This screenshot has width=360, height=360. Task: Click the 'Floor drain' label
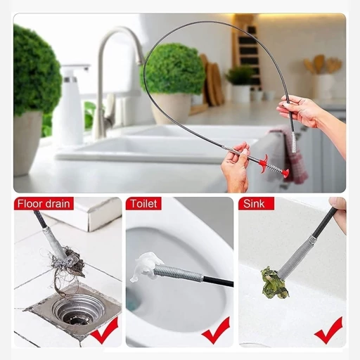[44, 204]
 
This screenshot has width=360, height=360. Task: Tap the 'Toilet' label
[143, 204]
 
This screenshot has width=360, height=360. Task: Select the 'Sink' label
[254, 204]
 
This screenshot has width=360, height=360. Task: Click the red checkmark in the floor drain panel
[105, 330]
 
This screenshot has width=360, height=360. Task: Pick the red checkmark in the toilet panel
[216, 330]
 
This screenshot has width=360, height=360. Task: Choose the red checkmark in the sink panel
[328, 330]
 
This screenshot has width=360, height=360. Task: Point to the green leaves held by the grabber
[274, 282]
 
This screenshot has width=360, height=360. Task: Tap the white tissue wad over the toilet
[145, 266]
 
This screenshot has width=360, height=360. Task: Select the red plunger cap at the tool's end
[285, 173]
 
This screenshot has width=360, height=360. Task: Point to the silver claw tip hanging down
[294, 142]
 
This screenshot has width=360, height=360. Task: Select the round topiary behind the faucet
[173, 68]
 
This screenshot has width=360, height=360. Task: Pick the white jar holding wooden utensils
[326, 86]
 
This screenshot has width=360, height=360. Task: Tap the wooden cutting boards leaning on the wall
[212, 79]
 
